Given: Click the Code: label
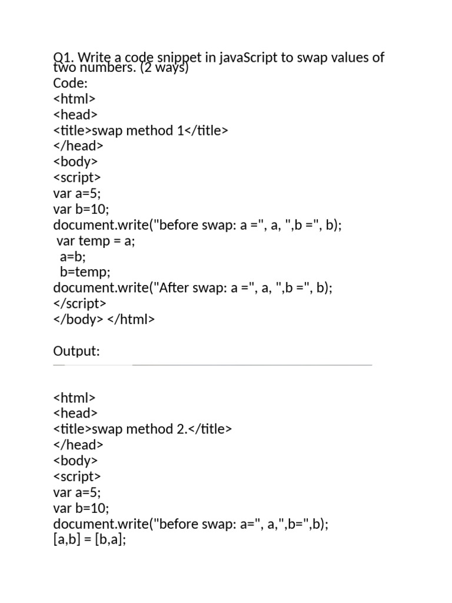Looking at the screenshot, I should tap(70, 84).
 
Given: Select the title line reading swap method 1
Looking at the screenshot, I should tap(140, 131).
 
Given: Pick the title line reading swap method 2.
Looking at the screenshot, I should tap(142, 429).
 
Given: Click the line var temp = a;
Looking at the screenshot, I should tap(95, 241).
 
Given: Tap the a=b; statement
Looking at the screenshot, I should tap(73, 257).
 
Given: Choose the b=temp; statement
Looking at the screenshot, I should tap(85, 272).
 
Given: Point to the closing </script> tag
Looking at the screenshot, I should tap(79, 304).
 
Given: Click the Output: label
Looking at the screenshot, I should tap(77, 352).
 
